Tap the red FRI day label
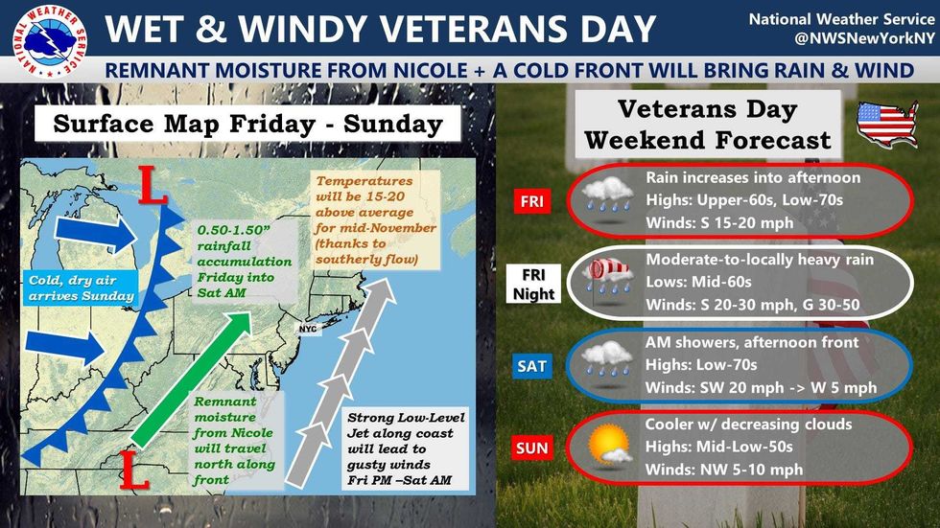click(529, 203)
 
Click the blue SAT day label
click(529, 366)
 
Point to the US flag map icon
click(886, 124)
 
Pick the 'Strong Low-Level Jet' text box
click(405, 446)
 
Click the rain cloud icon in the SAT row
click(608, 360)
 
